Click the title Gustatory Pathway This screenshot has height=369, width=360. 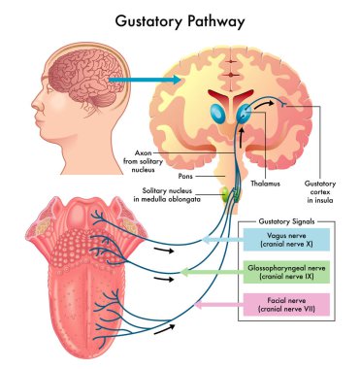(180, 18)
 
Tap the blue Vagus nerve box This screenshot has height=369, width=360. (288, 238)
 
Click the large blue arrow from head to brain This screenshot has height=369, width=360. (130, 81)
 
